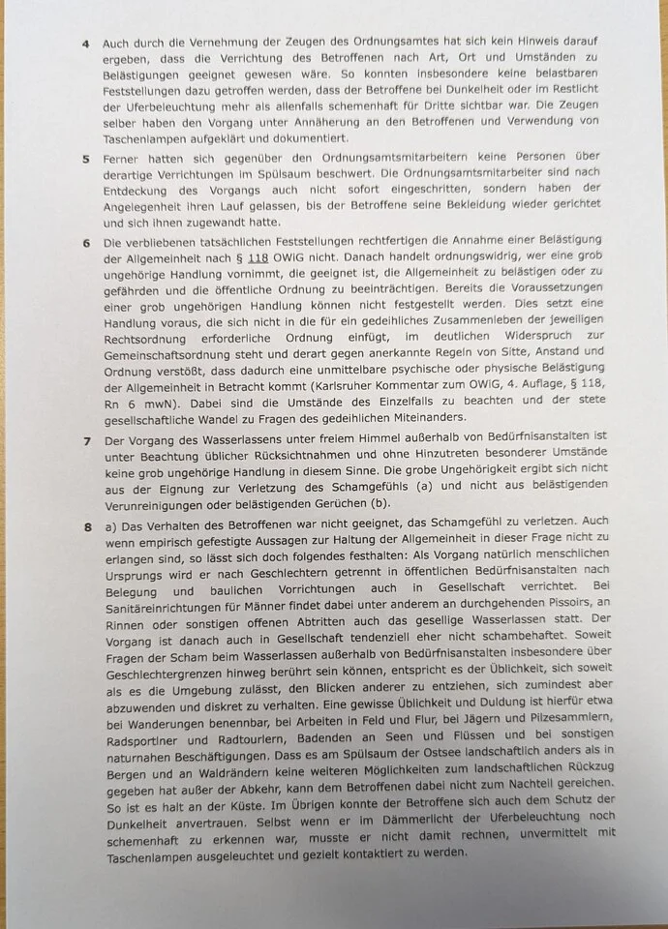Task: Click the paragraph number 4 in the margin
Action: coord(85,44)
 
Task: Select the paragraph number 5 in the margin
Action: coord(86,157)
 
